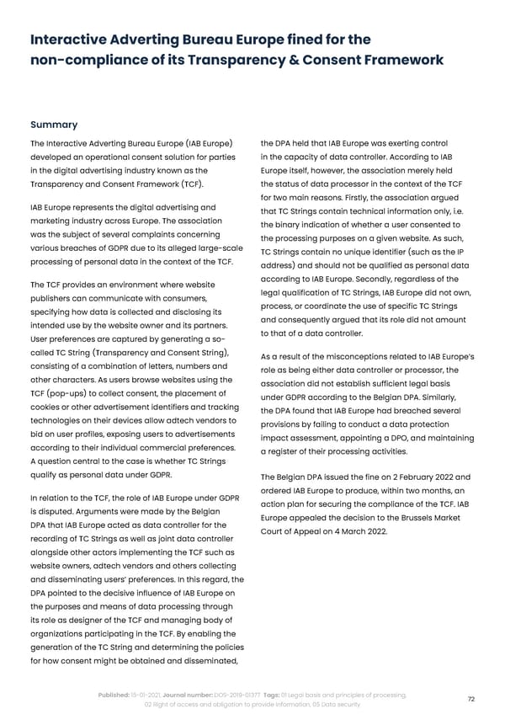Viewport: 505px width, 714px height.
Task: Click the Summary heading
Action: click(54, 124)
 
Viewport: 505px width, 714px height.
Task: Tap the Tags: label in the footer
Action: click(276, 694)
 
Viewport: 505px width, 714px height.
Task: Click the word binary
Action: click(295, 224)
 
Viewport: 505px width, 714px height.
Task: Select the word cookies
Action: click(48, 409)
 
